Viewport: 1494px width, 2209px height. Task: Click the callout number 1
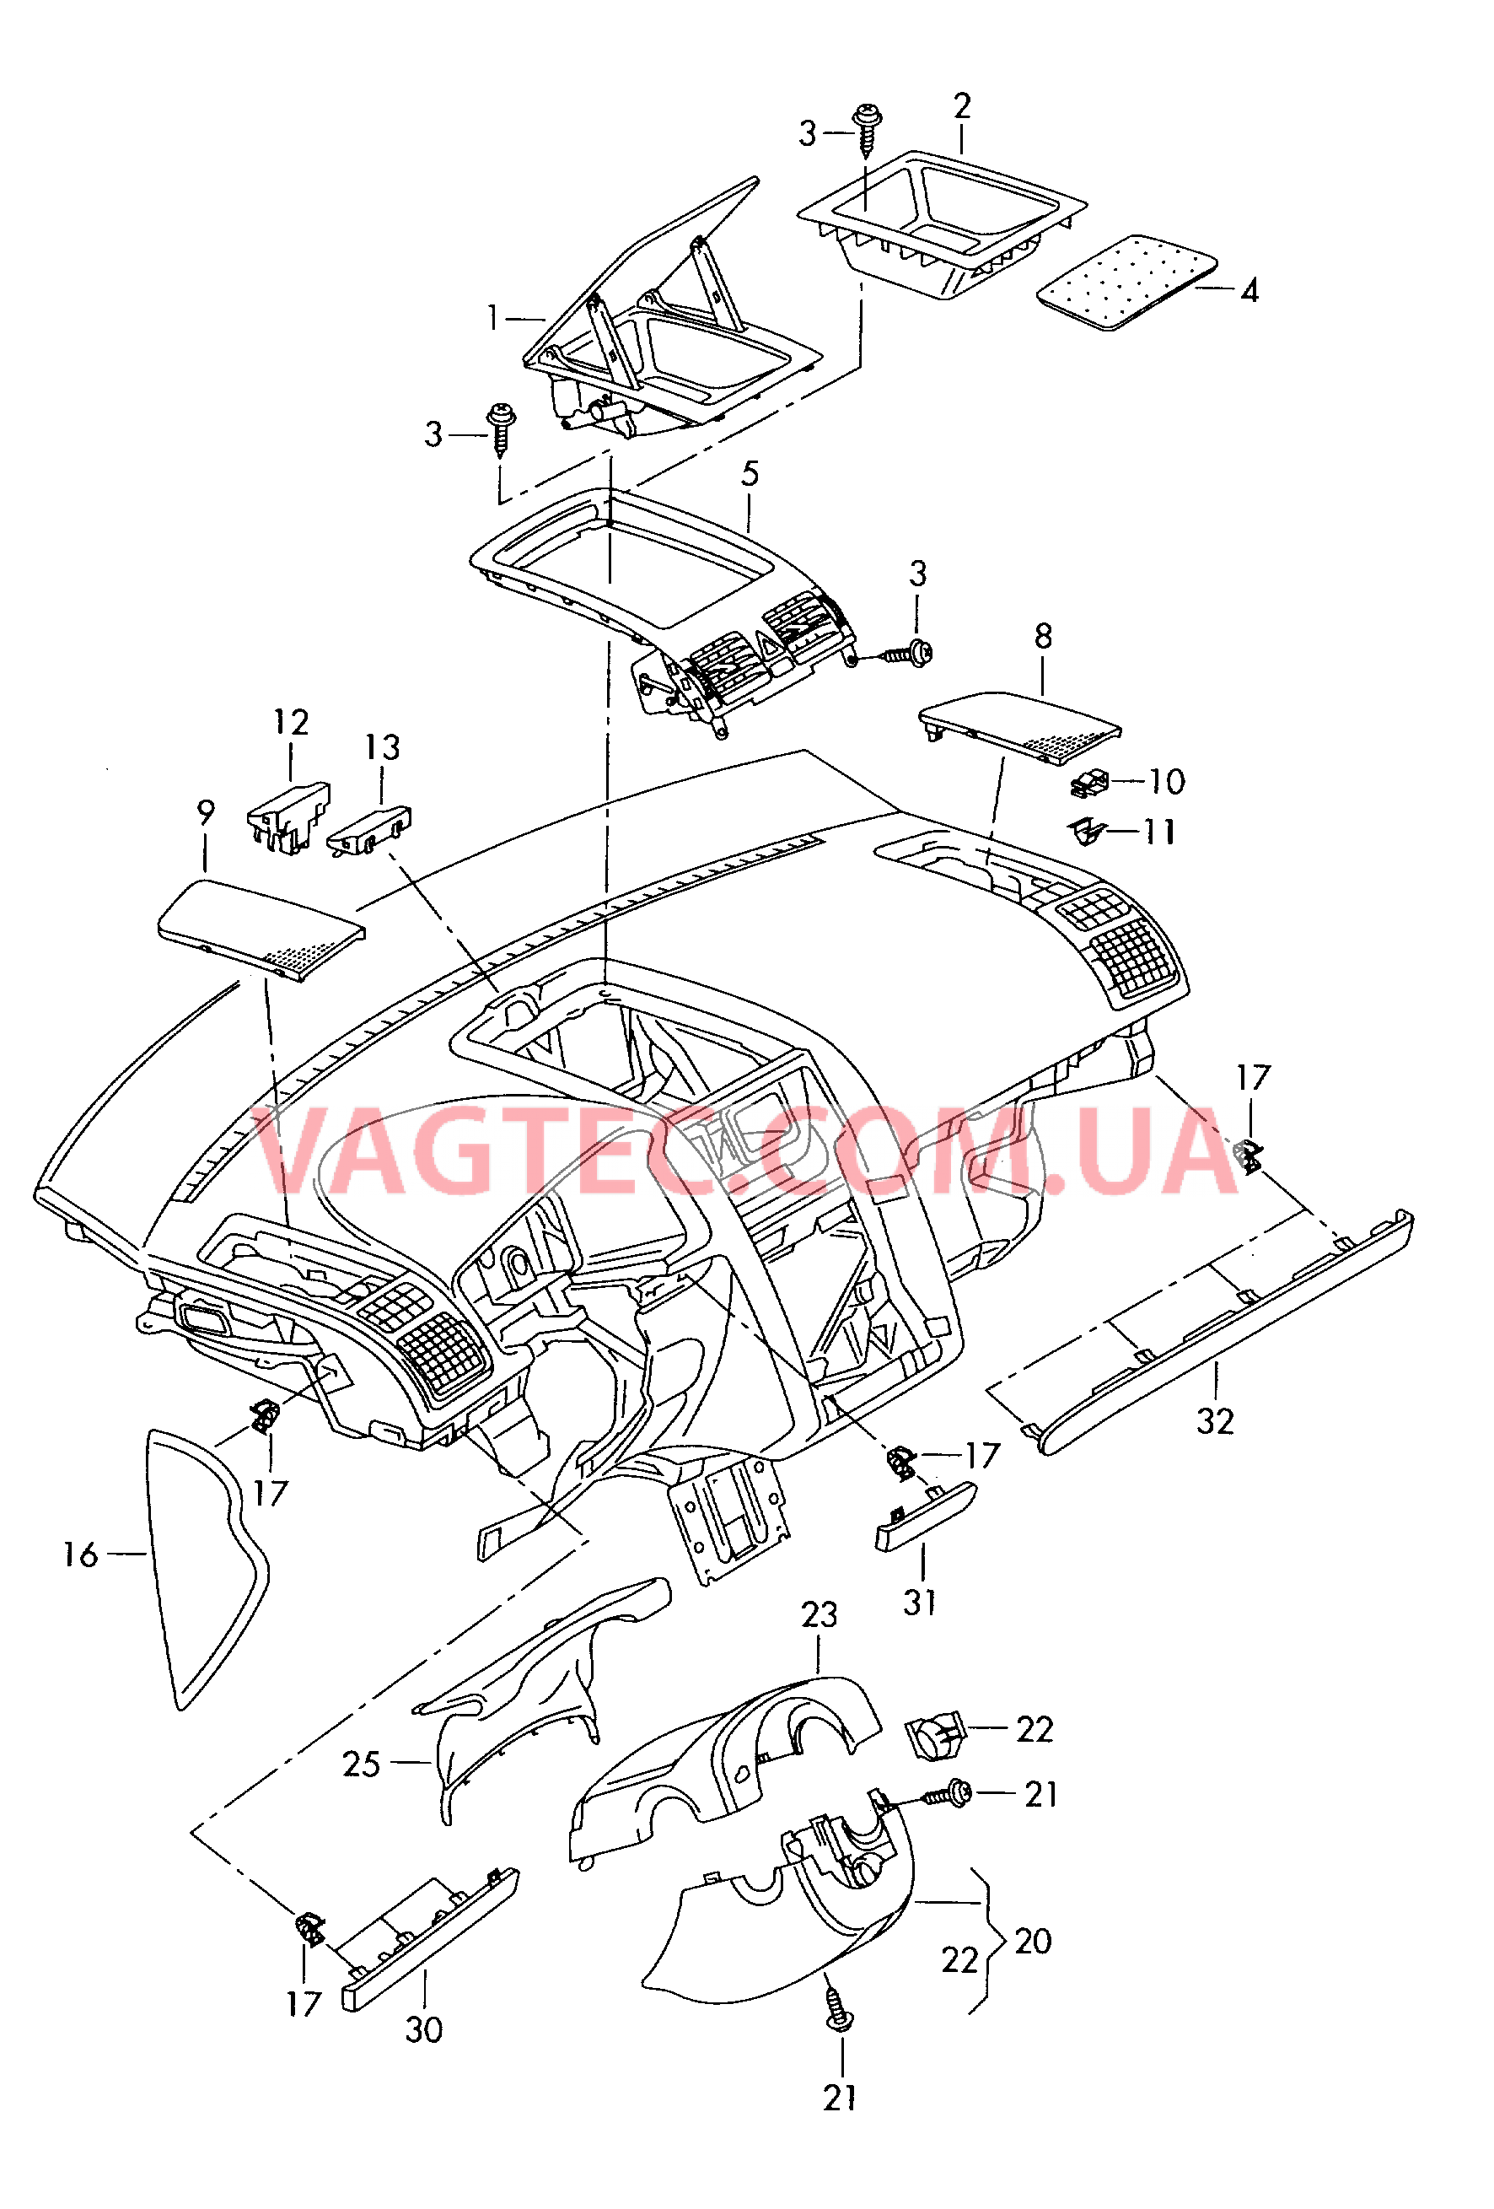[492, 317]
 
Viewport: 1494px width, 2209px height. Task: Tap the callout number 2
[962, 105]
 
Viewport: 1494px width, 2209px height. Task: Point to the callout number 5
[750, 473]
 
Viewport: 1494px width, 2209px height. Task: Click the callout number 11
[1159, 832]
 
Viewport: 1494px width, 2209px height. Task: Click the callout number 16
[81, 1555]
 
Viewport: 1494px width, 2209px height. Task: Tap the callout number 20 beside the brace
[1033, 1941]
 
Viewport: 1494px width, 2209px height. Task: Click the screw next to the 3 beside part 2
[867, 129]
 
